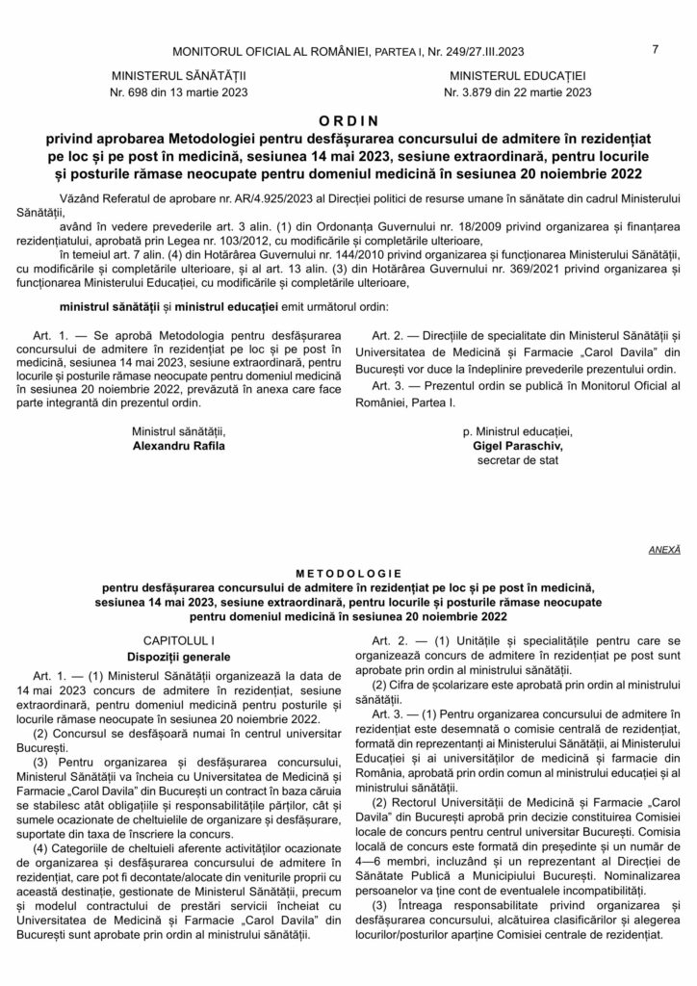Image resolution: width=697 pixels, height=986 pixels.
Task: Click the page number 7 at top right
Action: tap(655, 51)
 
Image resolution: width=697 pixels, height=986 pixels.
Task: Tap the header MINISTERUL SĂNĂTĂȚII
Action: tap(180, 74)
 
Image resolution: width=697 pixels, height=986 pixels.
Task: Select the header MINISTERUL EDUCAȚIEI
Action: tap(517, 74)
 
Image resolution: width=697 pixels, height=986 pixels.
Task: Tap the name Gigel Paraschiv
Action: tap(516, 447)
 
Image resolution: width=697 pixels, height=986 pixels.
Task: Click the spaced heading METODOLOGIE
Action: tap(348, 570)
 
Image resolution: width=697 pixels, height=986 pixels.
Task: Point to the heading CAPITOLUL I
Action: tap(178, 639)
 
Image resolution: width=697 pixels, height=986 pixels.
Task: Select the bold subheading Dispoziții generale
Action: tap(178, 655)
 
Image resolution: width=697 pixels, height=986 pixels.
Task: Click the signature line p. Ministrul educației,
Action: tap(516, 432)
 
